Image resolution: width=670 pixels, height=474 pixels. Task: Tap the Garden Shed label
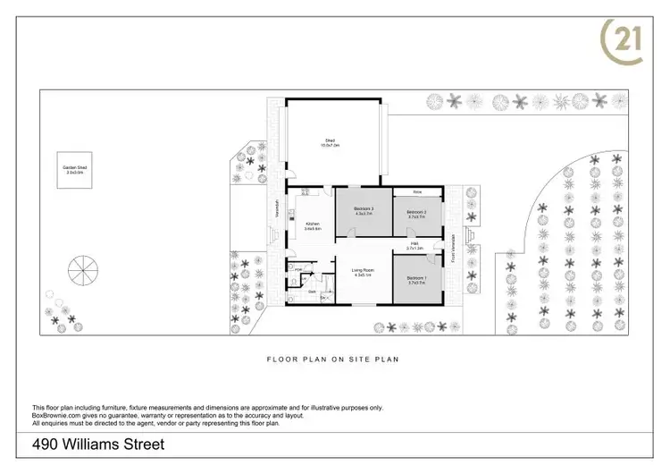tap(72, 170)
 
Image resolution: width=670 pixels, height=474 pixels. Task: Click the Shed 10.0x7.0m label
tap(331, 142)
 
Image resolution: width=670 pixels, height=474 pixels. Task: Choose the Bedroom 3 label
tap(363, 211)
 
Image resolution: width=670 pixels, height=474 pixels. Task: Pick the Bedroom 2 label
tap(417, 214)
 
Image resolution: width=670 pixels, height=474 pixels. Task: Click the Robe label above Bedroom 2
tap(417, 192)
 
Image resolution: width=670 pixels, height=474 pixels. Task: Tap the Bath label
tap(313, 292)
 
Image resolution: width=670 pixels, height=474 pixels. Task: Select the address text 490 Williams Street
tap(97, 443)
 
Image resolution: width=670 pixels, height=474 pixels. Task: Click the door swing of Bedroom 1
tap(432, 260)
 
